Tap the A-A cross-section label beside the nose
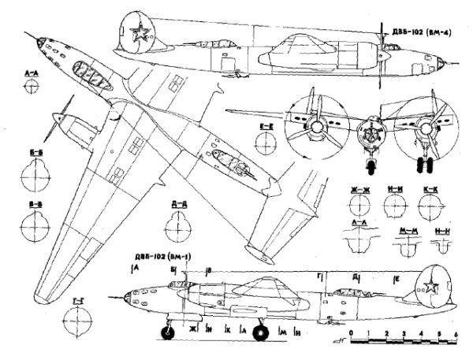click(x=32, y=72)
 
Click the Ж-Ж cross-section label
click(x=362, y=189)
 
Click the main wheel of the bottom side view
click(x=259, y=335)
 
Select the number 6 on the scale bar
click(x=457, y=334)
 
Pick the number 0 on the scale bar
click(x=352, y=334)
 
